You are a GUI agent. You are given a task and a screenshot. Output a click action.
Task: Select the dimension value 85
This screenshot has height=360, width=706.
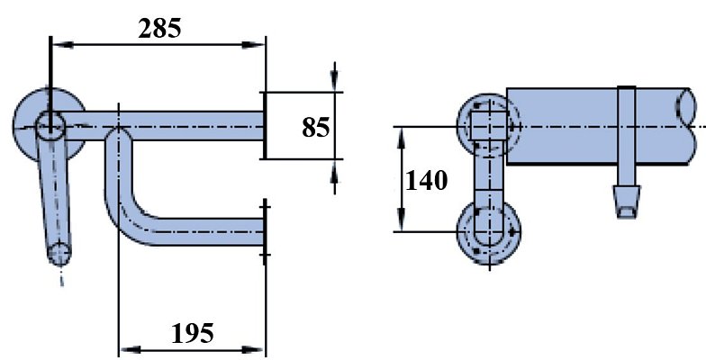point(315,127)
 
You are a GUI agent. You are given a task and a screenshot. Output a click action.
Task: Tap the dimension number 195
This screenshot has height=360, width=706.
point(193,333)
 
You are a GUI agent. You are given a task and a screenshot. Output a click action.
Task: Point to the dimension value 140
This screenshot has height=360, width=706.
point(426,181)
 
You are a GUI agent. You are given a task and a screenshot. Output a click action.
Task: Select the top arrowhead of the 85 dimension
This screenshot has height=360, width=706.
point(335,82)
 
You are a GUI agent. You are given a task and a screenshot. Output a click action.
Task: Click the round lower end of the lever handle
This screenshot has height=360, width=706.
point(59,254)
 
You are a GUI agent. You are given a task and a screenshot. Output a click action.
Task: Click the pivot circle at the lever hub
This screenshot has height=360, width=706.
point(49,125)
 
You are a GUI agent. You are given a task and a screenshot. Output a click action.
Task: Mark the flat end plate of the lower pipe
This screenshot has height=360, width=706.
point(265,231)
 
